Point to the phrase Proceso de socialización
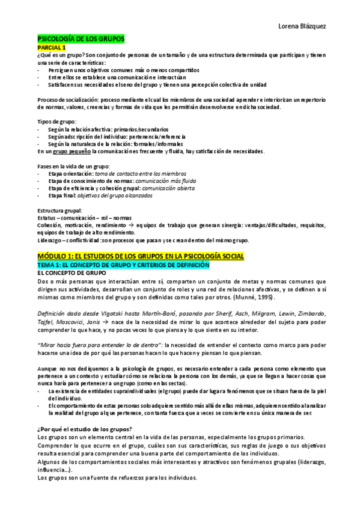(x=67, y=99)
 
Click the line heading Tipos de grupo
(x=56, y=122)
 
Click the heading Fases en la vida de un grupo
(x=73, y=166)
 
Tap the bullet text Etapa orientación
(x=73, y=173)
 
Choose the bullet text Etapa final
(x=64, y=195)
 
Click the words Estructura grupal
(x=59, y=210)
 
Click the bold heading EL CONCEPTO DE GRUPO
(x=72, y=273)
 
